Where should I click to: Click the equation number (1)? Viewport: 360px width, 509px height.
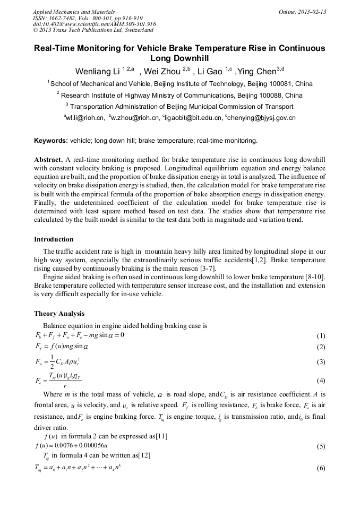(x=321, y=336)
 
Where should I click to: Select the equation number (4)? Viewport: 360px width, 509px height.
(x=321, y=381)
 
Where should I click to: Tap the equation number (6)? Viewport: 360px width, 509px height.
(x=321, y=469)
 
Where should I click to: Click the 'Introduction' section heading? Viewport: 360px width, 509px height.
(x=54, y=239)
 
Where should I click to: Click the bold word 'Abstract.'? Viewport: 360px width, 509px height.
(x=48, y=160)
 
